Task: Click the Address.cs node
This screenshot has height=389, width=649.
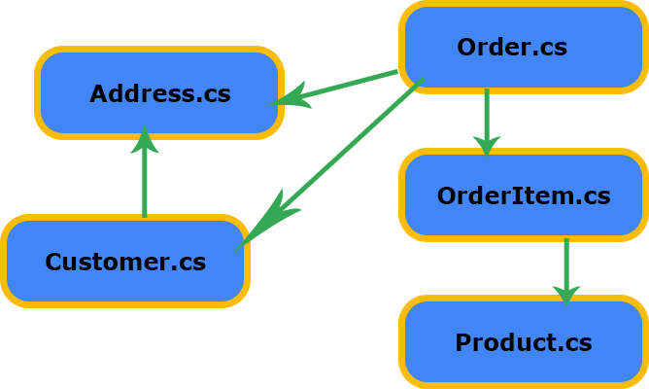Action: pyautogui.click(x=159, y=93)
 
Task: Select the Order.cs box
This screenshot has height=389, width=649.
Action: pyautogui.click(x=523, y=47)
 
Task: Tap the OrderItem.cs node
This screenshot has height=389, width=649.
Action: pyautogui.click(x=523, y=195)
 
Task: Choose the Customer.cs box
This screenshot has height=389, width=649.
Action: pyautogui.click(x=125, y=262)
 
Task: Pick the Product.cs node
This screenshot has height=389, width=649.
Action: pyautogui.click(x=523, y=342)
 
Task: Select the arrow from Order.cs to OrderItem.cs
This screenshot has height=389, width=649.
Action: pyautogui.click(x=487, y=121)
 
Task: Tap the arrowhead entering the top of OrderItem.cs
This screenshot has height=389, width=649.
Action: pyautogui.click(x=487, y=151)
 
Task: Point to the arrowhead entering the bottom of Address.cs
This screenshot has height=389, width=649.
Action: pyautogui.click(x=145, y=132)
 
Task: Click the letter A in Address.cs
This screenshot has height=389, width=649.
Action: pyautogui.click(x=98, y=93)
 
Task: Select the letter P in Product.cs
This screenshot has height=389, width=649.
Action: pyautogui.click(x=463, y=342)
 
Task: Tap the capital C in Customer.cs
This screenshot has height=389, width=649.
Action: pyautogui.click(x=54, y=262)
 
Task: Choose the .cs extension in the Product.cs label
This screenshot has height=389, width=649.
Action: pyautogui.click(x=572, y=342)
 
